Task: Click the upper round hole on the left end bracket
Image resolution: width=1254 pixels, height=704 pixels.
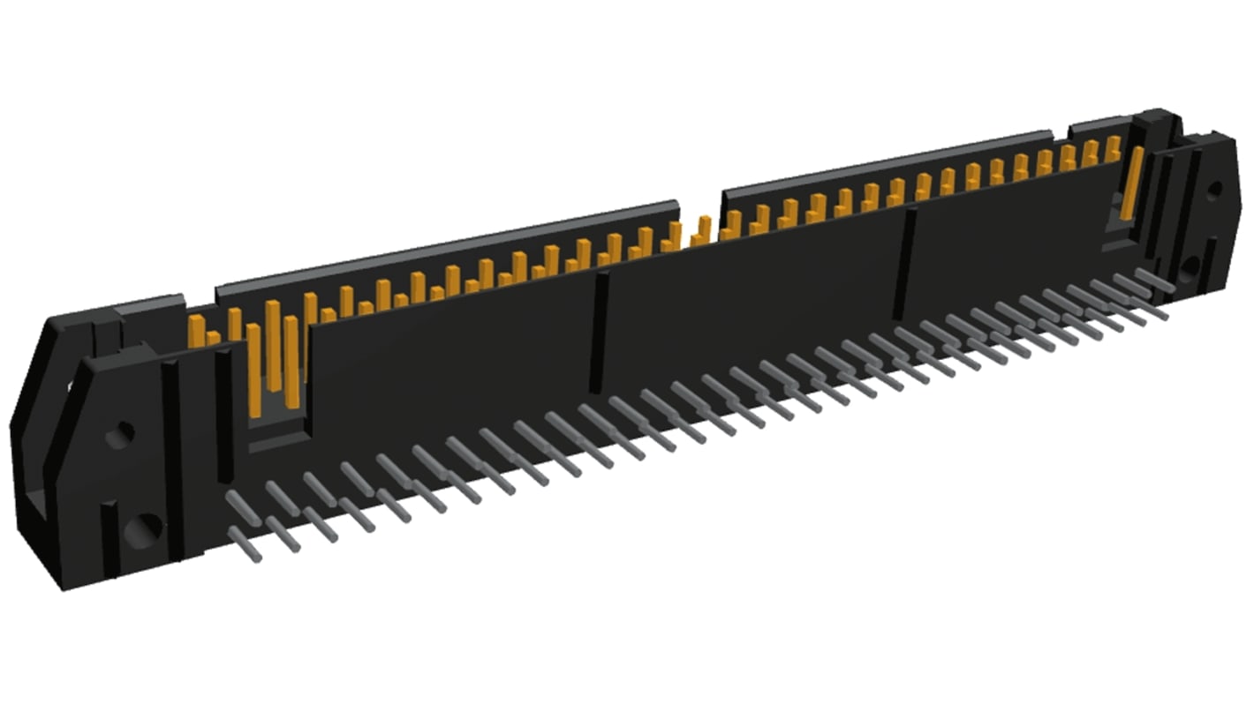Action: (x=119, y=433)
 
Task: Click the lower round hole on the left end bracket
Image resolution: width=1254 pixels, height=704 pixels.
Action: (x=141, y=529)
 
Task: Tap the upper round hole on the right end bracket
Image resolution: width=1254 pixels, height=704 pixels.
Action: (x=1215, y=189)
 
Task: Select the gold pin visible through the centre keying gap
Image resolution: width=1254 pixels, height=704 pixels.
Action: (x=704, y=229)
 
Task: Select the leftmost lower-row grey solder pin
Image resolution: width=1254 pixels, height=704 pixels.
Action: (x=246, y=543)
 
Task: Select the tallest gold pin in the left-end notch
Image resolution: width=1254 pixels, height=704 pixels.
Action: (x=273, y=344)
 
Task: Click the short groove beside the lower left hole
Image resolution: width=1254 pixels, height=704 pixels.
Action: (x=109, y=538)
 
